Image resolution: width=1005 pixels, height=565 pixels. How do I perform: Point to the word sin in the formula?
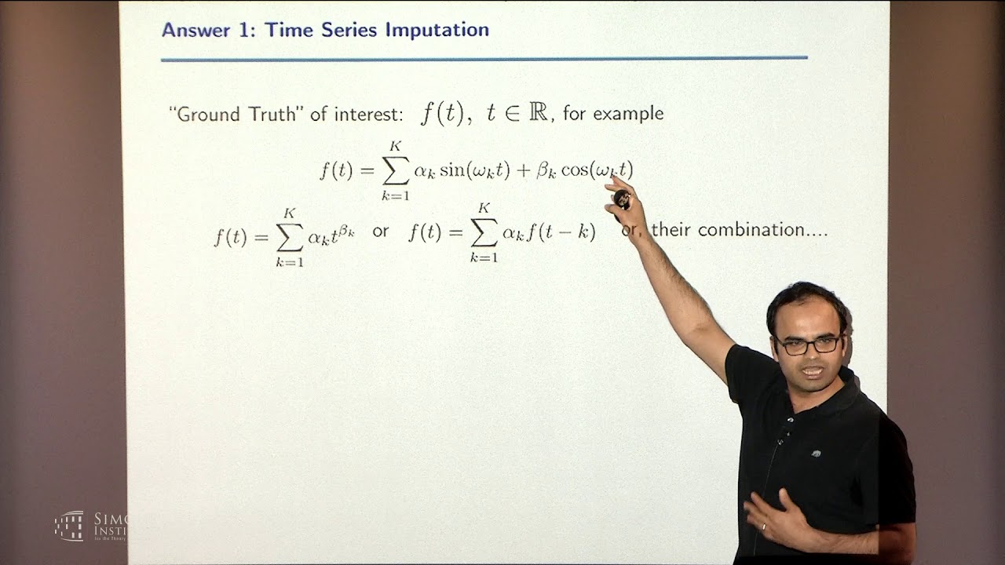click(x=451, y=169)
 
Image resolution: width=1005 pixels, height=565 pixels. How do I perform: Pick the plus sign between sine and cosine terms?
click(x=522, y=170)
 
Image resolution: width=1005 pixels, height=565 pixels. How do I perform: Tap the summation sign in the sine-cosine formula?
click(x=395, y=169)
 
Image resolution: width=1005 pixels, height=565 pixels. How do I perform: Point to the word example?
click(x=628, y=114)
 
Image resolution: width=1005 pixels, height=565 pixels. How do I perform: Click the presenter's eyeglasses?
click(x=807, y=344)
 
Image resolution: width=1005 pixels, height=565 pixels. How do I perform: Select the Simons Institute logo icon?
click(x=69, y=525)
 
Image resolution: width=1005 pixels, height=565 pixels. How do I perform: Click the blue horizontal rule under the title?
click(x=484, y=58)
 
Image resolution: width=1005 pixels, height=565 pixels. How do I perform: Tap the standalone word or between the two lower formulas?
click(x=380, y=232)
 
